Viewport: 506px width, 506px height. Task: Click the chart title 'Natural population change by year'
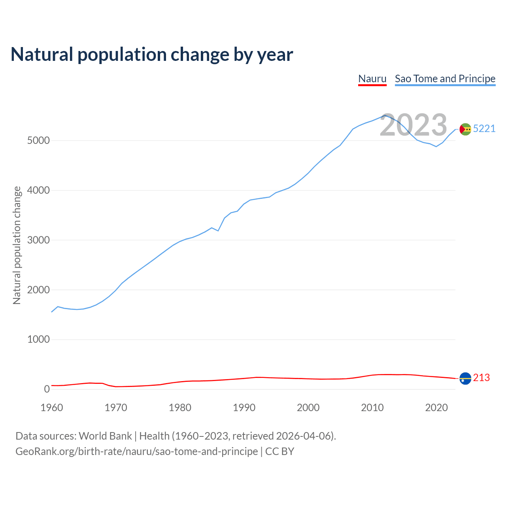tap(152, 55)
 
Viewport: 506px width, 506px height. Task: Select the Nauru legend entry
tap(372, 79)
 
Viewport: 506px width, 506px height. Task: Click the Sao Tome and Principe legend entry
tap(445, 79)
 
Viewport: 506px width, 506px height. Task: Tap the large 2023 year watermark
tap(413, 125)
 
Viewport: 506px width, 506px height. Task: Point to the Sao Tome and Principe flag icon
tap(465, 129)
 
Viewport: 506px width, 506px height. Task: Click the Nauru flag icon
tap(465, 378)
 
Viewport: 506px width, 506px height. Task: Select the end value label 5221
tap(484, 129)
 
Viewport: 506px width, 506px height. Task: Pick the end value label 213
tap(481, 378)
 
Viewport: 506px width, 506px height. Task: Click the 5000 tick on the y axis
tap(38, 141)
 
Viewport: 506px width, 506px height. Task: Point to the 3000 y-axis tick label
tap(38, 240)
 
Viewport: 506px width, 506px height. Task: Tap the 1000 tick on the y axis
tap(38, 340)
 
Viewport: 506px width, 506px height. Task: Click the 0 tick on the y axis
tap(47, 389)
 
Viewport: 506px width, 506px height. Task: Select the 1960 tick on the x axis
tap(52, 408)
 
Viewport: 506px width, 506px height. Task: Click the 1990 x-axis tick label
tap(244, 408)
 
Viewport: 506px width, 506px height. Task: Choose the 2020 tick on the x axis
tap(436, 408)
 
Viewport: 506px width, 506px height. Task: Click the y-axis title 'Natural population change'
tap(17, 245)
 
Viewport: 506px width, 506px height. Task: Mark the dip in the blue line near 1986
tap(218, 231)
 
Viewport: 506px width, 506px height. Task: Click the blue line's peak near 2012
tap(385, 115)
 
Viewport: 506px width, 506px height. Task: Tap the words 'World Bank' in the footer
tap(105, 436)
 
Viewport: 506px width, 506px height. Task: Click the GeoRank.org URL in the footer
tap(136, 451)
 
